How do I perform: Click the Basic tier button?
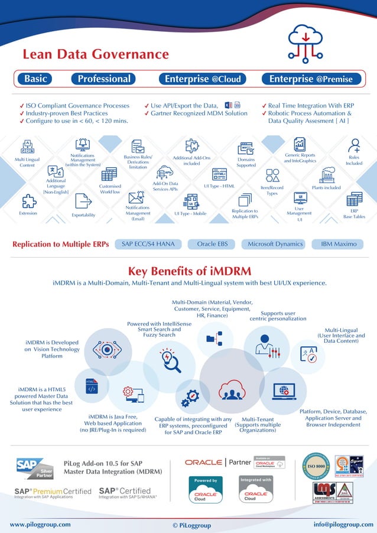pos(36,79)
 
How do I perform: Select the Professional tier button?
pos(104,79)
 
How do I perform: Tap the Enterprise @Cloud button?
pos(203,79)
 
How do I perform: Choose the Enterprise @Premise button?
pos(311,79)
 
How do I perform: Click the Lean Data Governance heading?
pos(95,54)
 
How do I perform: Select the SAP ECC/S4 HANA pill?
pos(148,243)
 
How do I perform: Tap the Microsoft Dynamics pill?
pos(275,243)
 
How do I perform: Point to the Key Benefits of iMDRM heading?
pos(189,271)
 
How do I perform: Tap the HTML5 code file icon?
pos(92,386)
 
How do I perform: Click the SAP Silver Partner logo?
pos(35,468)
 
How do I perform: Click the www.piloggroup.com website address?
pos(40,524)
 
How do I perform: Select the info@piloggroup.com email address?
pos(343,524)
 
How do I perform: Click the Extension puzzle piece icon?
pos(28,201)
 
